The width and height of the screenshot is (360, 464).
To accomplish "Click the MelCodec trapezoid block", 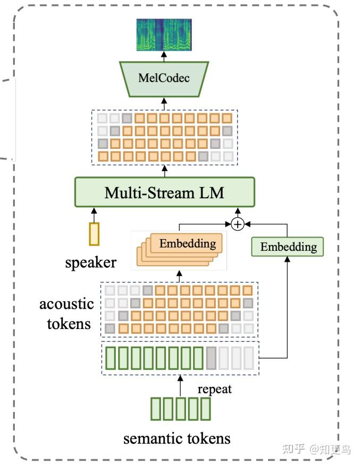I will [x=164, y=78].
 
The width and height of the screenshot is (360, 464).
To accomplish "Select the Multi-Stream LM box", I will [x=164, y=192].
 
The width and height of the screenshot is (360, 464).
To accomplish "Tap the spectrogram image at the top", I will [x=164, y=35].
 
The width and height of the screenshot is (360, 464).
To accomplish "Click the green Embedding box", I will [x=288, y=247].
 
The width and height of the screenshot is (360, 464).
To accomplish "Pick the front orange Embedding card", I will [x=188, y=244].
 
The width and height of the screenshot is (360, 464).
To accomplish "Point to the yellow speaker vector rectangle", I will [x=94, y=234].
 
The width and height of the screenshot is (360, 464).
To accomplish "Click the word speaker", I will [x=90, y=262].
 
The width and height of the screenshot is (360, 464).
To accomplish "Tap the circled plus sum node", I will [x=238, y=224].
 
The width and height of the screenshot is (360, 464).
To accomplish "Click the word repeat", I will [x=215, y=389].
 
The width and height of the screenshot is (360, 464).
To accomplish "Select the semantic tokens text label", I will [x=177, y=438].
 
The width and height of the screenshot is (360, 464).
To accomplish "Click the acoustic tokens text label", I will [x=66, y=314].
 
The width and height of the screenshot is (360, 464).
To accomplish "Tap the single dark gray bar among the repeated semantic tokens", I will [x=211, y=358].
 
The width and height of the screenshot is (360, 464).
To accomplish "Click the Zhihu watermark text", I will [x=316, y=449].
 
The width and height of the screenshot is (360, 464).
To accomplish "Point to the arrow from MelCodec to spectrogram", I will [x=164, y=56].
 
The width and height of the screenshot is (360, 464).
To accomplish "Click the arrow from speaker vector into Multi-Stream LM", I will [x=94, y=214].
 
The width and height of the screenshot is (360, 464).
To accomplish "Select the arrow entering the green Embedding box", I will [x=288, y=308].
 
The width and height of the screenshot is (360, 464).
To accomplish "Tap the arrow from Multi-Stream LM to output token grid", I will [x=164, y=171].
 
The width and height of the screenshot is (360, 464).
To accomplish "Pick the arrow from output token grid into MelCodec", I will [x=164, y=103].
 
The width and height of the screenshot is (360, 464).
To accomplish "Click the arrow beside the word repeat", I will [x=181, y=386].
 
